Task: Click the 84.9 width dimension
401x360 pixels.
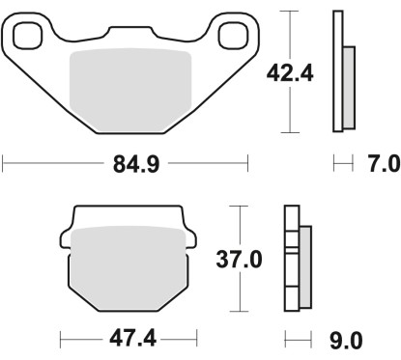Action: click(x=126, y=164)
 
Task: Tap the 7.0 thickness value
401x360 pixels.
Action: click(x=377, y=164)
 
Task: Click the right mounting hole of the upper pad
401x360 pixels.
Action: click(x=232, y=38)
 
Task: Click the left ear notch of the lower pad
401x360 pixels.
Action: click(x=66, y=236)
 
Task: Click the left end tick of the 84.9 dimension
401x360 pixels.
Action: click(x=4, y=164)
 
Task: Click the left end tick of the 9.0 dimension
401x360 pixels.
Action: click(x=287, y=340)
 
